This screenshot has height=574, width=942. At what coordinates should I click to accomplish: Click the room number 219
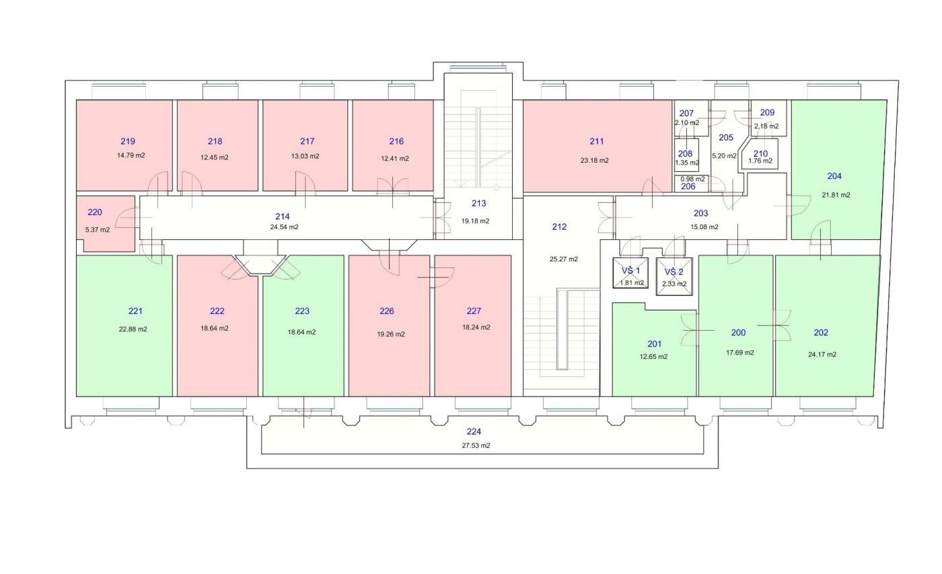(128, 141)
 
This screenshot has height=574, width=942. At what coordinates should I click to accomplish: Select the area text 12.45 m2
(215, 157)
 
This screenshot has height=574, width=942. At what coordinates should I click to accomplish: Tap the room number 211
(597, 141)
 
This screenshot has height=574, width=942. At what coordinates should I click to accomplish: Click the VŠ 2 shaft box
(674, 276)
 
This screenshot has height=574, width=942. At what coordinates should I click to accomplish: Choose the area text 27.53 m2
(476, 446)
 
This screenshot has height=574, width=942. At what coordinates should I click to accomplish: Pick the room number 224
(474, 432)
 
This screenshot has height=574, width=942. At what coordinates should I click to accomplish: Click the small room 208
(686, 155)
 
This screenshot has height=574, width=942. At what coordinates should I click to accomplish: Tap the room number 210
(761, 154)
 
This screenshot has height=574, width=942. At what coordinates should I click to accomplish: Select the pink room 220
(106, 223)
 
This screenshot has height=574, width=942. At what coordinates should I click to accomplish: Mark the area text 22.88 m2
(133, 329)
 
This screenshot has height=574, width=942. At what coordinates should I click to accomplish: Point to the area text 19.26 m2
(391, 335)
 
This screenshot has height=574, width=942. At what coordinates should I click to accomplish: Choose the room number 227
(474, 311)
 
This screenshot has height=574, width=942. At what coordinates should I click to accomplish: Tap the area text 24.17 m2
(822, 354)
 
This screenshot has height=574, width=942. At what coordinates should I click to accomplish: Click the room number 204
(834, 176)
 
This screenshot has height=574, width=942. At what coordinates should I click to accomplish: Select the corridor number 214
(283, 216)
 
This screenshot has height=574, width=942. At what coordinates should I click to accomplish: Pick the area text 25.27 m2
(564, 259)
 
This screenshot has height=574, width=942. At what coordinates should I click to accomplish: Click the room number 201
(654, 344)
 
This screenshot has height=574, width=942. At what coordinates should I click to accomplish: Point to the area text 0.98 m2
(692, 179)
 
